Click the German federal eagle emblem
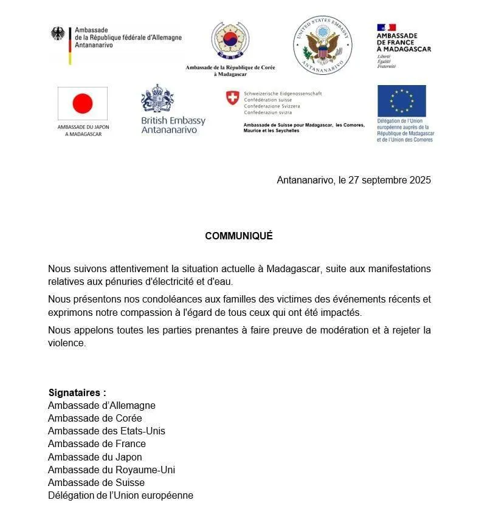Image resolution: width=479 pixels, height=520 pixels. click(x=58, y=33)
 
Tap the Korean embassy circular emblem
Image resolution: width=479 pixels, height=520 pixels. click(x=230, y=41)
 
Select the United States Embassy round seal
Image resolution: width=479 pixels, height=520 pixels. click(x=322, y=45)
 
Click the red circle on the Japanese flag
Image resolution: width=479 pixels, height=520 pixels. click(x=82, y=104)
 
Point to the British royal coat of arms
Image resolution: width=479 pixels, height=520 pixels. click(x=157, y=98)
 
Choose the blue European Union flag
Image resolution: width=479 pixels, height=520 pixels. click(x=401, y=100)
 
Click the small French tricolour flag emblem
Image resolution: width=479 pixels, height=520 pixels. click(x=387, y=27)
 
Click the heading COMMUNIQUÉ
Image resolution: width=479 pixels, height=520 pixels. click(x=239, y=236)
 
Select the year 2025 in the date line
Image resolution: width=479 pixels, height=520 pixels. click(x=419, y=180)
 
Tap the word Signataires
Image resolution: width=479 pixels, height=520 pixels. click(x=77, y=392)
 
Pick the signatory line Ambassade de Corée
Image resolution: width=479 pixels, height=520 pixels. click(x=95, y=418)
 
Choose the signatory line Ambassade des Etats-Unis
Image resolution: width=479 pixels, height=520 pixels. click(x=106, y=431)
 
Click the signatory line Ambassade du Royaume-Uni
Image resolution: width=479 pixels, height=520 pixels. click(x=112, y=470)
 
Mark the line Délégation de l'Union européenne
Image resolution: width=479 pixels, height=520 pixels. click(x=120, y=495)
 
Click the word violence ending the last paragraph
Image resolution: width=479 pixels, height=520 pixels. click(x=67, y=343)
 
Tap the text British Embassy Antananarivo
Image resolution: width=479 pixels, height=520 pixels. click(x=173, y=125)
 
